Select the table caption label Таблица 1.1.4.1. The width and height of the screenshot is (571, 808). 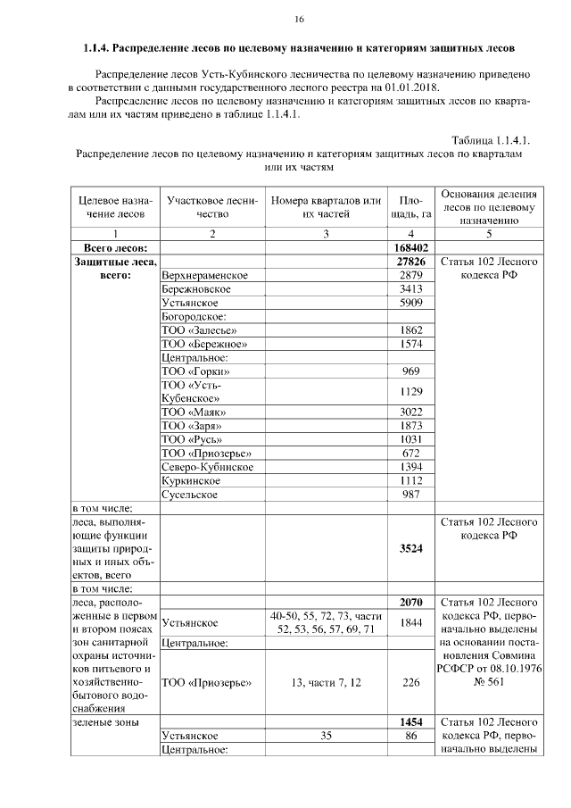(490, 140)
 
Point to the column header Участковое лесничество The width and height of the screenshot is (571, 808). (211, 206)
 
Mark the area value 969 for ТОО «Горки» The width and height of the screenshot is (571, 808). (411, 371)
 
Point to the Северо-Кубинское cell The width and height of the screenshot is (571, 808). (207, 467)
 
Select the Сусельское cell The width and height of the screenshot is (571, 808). (192, 495)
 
